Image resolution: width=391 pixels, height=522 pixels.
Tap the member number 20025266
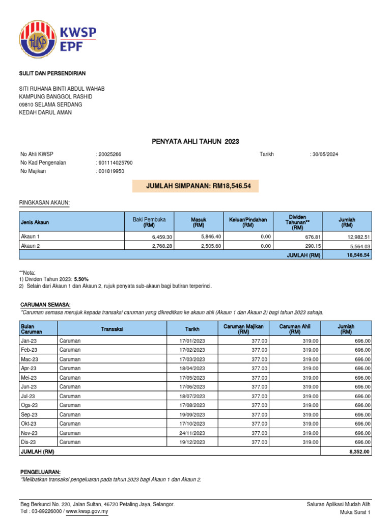(109, 154)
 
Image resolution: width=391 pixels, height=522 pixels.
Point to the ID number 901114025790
(115, 163)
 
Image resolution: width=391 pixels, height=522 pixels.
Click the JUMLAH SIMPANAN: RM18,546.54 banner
(195, 187)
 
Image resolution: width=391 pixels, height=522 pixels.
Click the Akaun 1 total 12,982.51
(359, 237)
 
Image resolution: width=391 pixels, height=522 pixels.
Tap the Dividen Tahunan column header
(298, 222)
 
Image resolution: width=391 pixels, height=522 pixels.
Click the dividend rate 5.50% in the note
(81, 279)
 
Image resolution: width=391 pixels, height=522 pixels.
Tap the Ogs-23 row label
(28, 405)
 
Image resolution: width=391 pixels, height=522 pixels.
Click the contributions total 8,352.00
(360, 452)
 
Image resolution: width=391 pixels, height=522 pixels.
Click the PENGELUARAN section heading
(40, 472)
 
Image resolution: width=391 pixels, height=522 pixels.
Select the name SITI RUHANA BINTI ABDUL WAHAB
(62, 89)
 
